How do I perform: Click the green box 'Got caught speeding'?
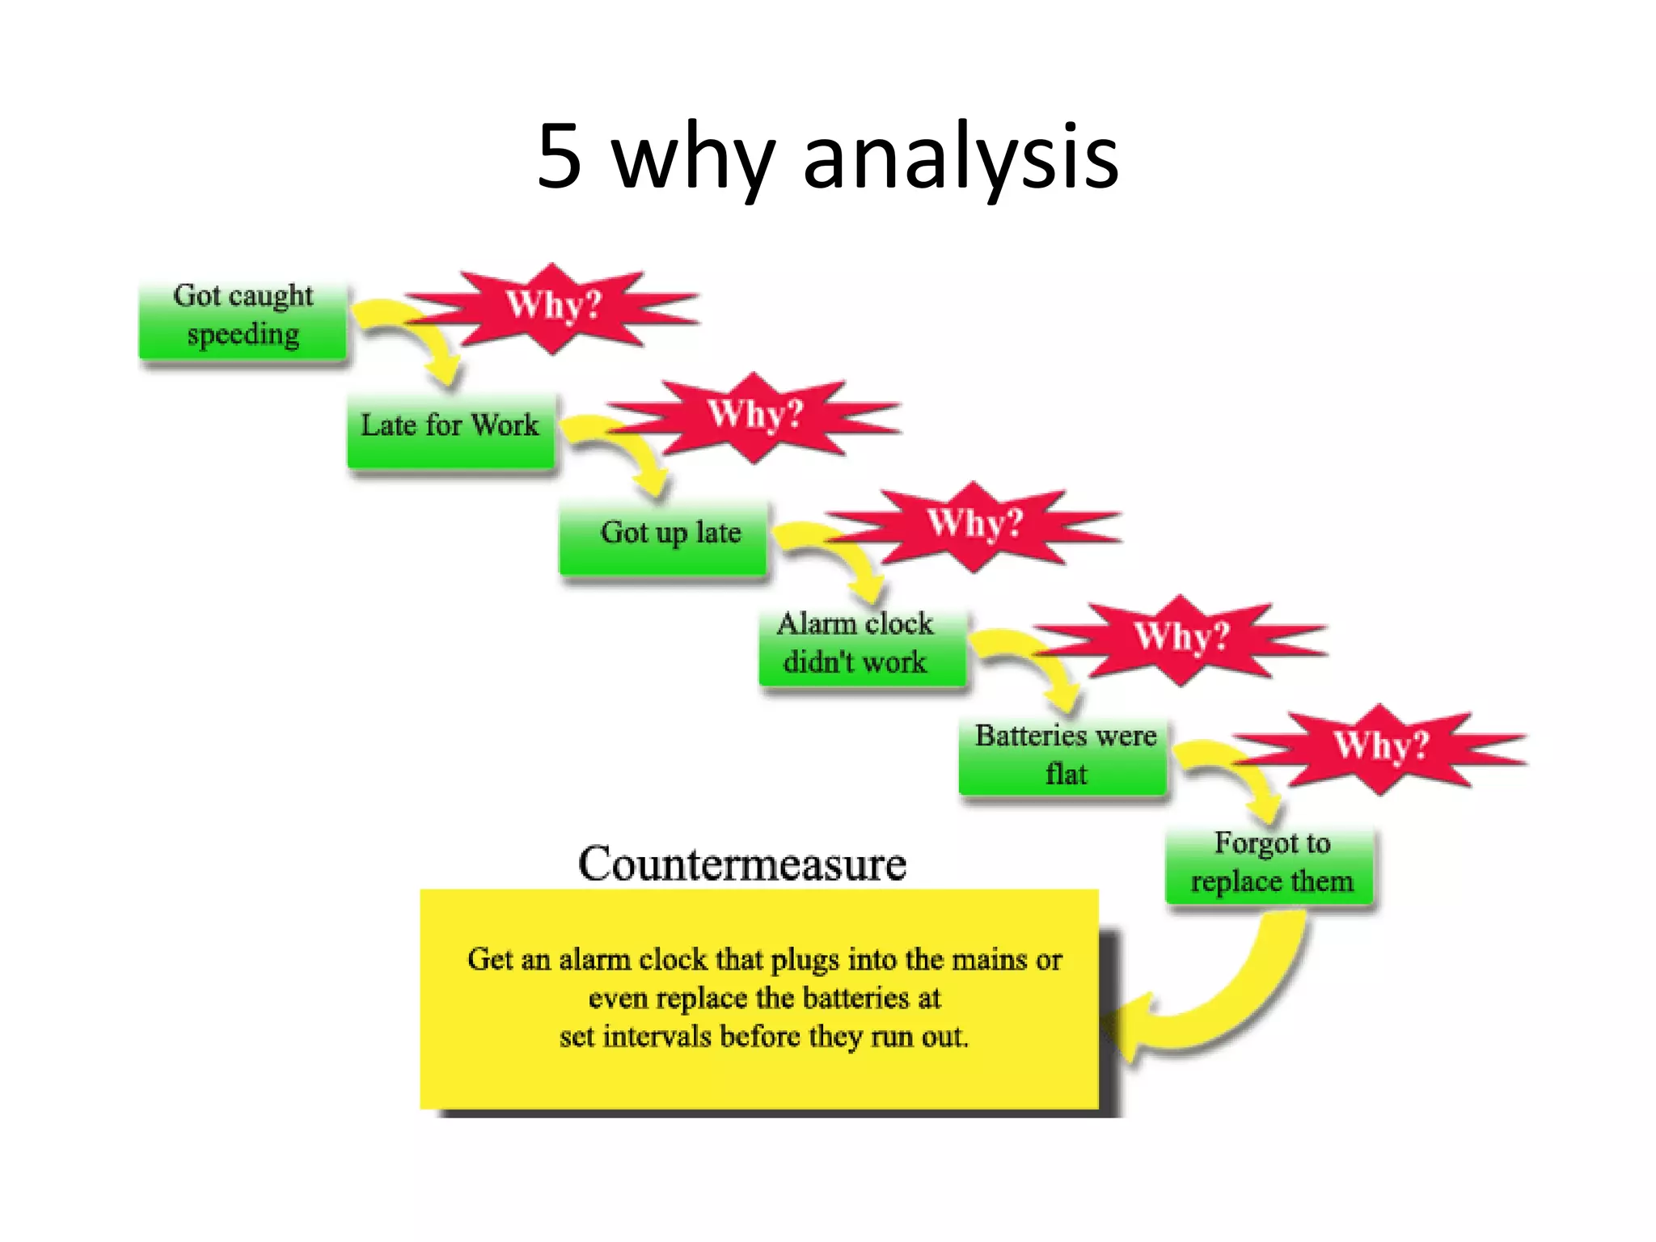[x=243, y=320]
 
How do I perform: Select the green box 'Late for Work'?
[x=450, y=429]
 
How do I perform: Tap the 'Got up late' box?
[x=663, y=537]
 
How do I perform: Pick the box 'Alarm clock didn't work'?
[x=861, y=647]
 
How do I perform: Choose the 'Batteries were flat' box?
[x=1063, y=757]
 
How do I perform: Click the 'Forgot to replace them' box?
[x=1269, y=865]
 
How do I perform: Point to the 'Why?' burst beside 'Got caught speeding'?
[x=553, y=307]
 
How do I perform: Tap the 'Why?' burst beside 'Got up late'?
[x=974, y=526]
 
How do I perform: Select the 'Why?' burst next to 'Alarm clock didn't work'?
[x=1181, y=638]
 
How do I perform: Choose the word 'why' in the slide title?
[x=692, y=158]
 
